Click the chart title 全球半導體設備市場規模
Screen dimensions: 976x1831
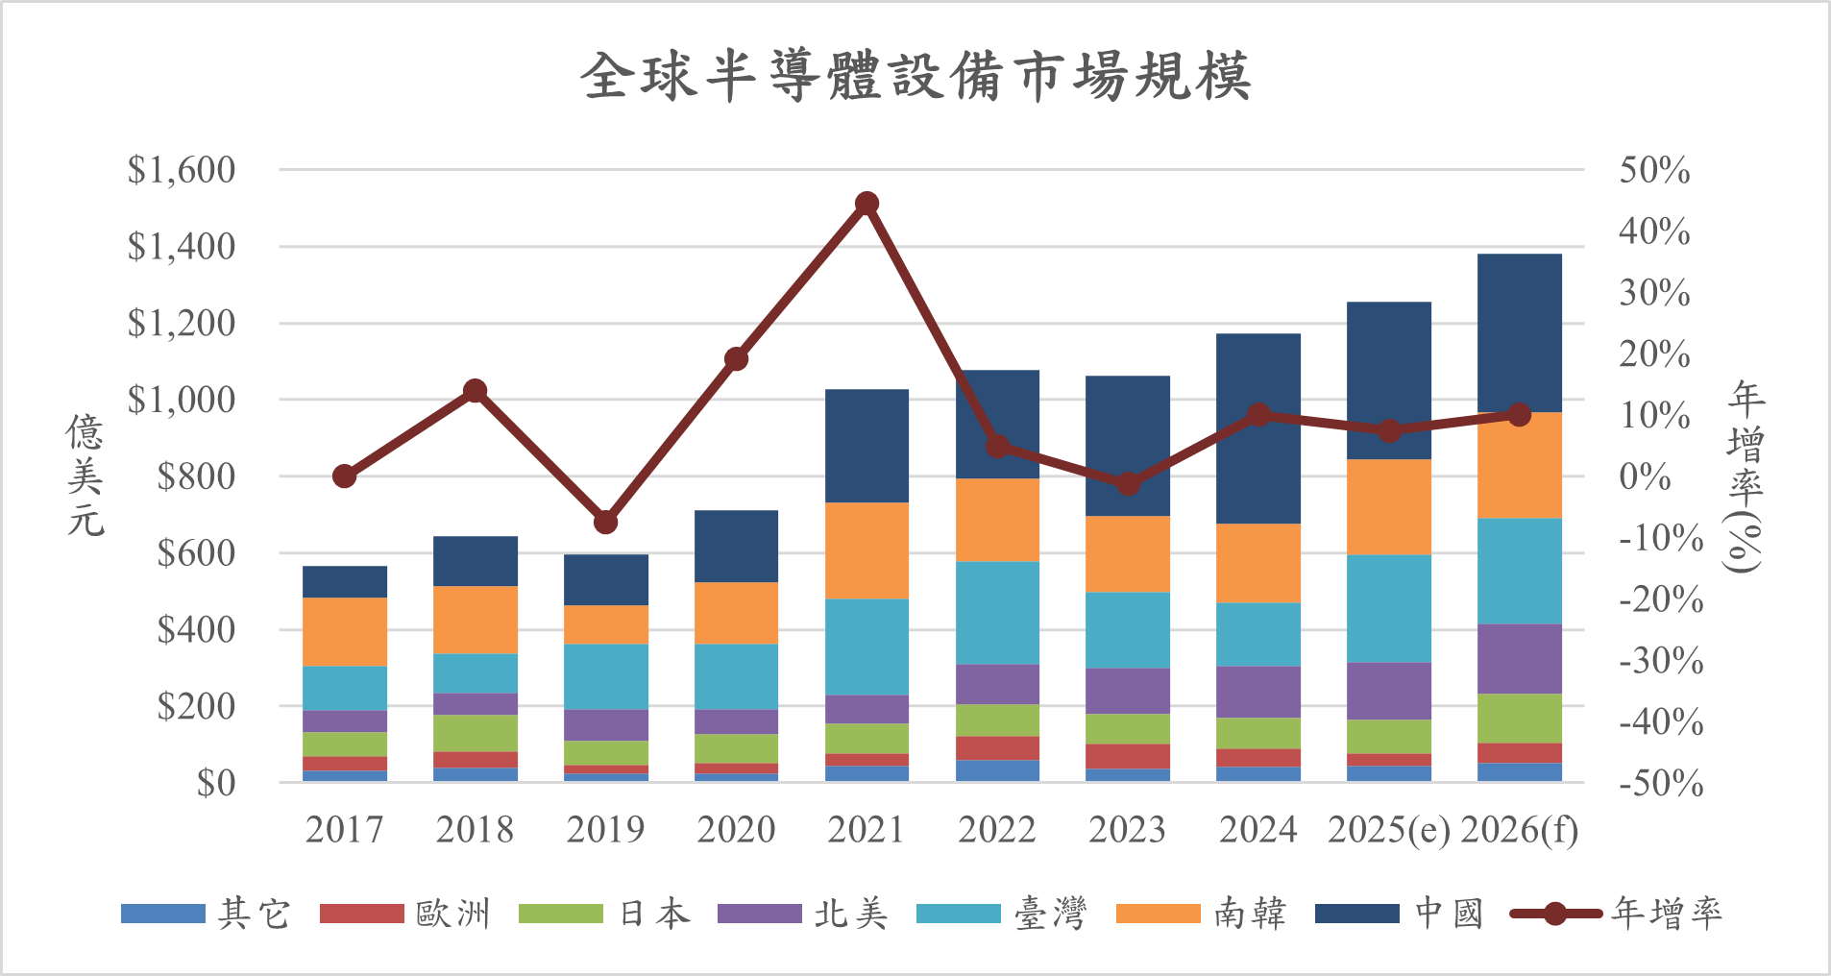pyautogui.click(x=915, y=77)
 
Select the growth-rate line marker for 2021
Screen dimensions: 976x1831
pyautogui.click(x=867, y=204)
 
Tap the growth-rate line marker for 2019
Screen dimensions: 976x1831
pyautogui.click(x=605, y=522)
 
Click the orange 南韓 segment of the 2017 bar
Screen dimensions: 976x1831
pyautogui.click(x=345, y=631)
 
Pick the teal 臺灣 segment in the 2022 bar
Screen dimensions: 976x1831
pyautogui.click(x=997, y=612)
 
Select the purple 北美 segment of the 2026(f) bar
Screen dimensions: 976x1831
pyautogui.click(x=1519, y=659)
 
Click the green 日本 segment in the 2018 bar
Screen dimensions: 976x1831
pyautogui.click(x=476, y=733)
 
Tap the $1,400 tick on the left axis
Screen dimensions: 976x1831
pyautogui.click(x=182, y=247)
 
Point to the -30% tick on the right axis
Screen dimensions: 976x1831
pyautogui.click(x=1660, y=661)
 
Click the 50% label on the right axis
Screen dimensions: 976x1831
pyautogui.click(x=1654, y=170)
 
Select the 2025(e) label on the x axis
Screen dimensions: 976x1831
pyautogui.click(x=1388, y=830)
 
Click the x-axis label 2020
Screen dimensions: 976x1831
pyautogui.click(x=736, y=830)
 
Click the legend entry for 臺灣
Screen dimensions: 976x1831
pyautogui.click(x=1002, y=914)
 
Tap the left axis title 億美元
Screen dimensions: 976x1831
pyautogui.click(x=85, y=476)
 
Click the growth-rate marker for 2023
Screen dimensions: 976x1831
pyautogui.click(x=1128, y=483)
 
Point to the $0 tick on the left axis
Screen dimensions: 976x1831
pyautogui.click(x=215, y=784)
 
